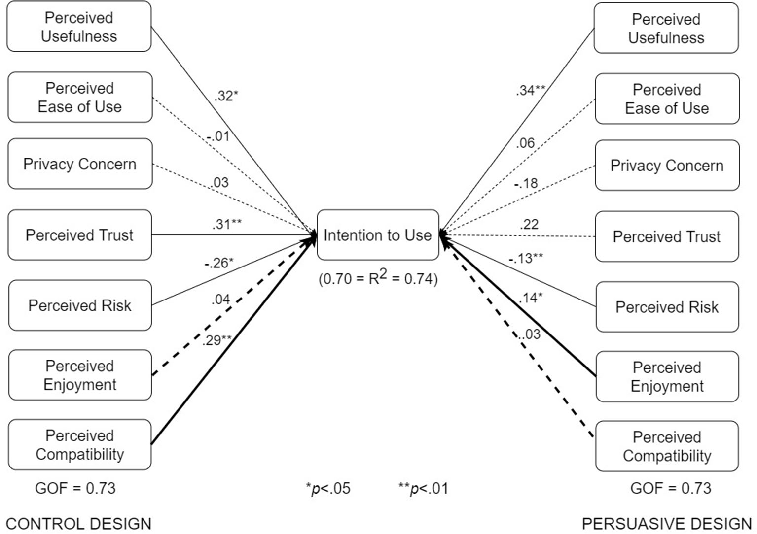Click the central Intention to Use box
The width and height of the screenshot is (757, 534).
point(377,235)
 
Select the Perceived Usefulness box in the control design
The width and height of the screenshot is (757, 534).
point(79,27)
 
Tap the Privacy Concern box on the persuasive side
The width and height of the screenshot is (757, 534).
point(667,166)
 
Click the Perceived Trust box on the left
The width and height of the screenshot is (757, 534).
point(79,235)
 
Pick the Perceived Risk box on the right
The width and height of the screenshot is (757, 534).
point(667,307)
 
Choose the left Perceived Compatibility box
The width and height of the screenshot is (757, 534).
point(79,444)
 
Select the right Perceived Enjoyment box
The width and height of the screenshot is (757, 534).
point(667,376)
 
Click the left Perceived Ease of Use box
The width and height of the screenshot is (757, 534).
point(79,97)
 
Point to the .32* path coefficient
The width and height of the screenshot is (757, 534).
point(226,96)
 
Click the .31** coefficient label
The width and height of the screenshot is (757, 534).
point(227,224)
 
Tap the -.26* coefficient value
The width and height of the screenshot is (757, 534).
point(219,263)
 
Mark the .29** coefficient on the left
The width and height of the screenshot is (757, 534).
point(216,340)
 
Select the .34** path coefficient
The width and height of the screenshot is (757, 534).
point(531,90)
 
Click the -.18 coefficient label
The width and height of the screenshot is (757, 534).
point(526,183)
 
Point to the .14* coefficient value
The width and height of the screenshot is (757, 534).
point(531,298)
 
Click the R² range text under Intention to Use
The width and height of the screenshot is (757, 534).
point(378,278)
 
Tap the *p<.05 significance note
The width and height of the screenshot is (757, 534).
point(328,488)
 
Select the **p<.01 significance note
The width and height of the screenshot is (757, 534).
point(423,488)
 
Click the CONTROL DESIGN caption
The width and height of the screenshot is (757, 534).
point(79,523)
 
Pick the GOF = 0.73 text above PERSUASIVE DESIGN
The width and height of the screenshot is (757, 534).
point(671,488)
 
